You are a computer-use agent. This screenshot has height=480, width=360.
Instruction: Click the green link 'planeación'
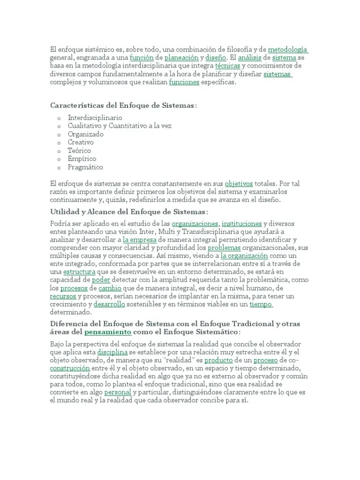click(x=181, y=58)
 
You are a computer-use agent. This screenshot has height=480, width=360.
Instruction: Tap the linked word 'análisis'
click(x=250, y=58)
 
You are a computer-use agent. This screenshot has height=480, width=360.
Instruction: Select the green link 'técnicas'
click(x=227, y=66)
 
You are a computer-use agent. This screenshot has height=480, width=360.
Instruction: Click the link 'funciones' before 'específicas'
click(x=184, y=82)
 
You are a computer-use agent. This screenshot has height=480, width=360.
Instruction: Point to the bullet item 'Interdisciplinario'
click(x=95, y=117)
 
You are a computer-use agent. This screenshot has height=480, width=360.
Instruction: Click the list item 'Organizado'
click(x=86, y=134)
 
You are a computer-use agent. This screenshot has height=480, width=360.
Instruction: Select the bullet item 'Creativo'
click(x=81, y=142)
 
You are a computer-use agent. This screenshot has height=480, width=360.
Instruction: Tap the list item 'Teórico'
click(x=79, y=150)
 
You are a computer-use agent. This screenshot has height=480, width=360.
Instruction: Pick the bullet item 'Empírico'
click(x=82, y=159)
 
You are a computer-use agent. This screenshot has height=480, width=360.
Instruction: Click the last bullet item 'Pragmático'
click(x=85, y=167)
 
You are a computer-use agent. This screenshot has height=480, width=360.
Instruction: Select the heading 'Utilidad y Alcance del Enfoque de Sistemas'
click(x=127, y=212)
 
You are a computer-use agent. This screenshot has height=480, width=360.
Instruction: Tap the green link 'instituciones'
click(x=241, y=223)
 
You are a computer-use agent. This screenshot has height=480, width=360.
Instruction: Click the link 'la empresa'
click(x=139, y=240)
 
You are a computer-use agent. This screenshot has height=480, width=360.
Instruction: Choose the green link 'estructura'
click(x=79, y=272)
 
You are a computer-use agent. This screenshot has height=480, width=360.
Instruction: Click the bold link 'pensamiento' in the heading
click(x=108, y=332)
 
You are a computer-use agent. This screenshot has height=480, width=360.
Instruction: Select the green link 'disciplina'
click(x=112, y=352)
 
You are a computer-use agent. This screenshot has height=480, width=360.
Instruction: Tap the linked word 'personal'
click(x=118, y=392)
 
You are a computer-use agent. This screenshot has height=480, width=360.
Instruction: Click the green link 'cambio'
click(x=110, y=288)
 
